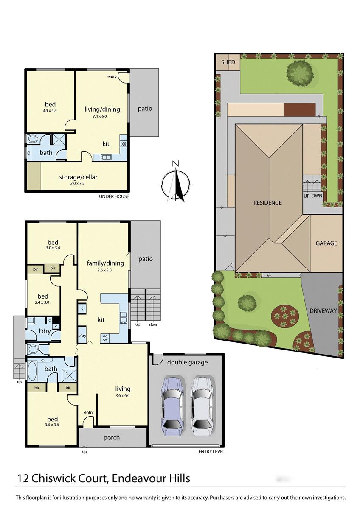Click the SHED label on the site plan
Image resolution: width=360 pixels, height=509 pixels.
point(228,62)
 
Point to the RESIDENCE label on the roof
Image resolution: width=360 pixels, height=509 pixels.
point(267,203)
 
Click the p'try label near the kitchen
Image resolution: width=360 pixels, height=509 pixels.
point(82,336)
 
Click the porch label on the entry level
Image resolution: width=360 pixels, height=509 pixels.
point(112,438)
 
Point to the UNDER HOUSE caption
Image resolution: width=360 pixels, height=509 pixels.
point(114,196)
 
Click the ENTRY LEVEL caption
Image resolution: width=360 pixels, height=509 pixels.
point(211,452)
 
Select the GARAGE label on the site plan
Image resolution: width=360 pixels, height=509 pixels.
point(326,243)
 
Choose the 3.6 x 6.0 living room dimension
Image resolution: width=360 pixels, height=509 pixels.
point(122,395)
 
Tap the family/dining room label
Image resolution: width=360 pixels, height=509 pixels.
point(105,263)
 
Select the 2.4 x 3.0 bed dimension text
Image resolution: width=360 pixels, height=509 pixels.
point(42,302)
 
